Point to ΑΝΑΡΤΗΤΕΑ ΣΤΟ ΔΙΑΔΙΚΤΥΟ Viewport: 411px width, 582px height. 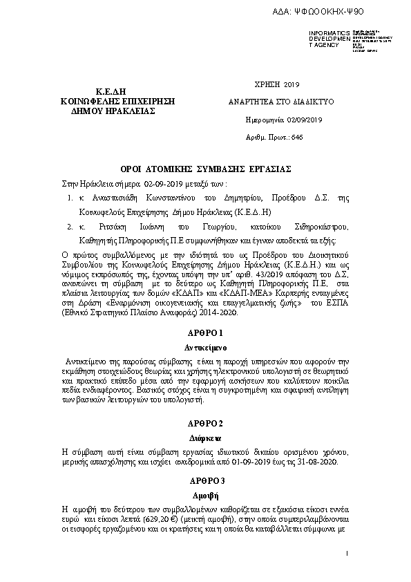pyautogui.click(x=281, y=102)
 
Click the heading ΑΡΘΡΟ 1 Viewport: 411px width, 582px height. pyautogui.click(x=206, y=332)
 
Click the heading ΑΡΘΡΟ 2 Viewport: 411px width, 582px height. pyautogui.click(x=206, y=422)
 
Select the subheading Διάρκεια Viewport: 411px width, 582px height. pyautogui.click(x=206, y=437)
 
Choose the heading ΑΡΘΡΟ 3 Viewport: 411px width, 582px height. pyautogui.click(x=206, y=480)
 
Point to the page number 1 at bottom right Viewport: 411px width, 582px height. pyautogui.click(x=347, y=554)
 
